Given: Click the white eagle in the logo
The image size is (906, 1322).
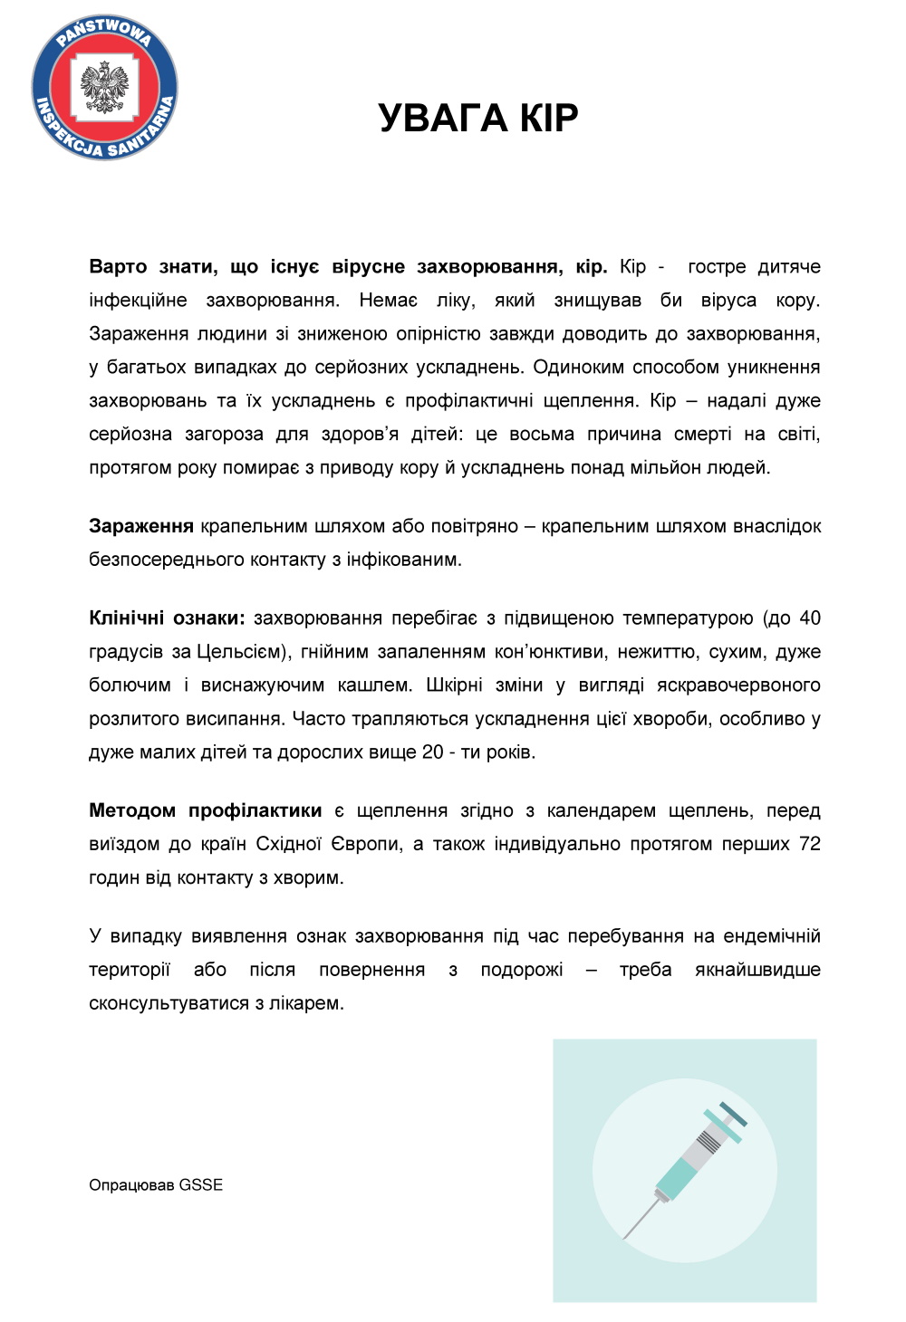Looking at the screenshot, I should coord(105,87).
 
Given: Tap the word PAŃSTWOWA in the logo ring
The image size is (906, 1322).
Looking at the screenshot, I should coord(103,30).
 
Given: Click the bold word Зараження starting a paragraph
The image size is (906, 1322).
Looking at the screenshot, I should coord(141,526).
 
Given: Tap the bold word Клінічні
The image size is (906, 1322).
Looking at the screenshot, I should coord(127,618).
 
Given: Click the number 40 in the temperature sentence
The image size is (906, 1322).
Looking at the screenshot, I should coord(810,618).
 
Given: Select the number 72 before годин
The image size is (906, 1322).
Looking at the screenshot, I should coord(810,844).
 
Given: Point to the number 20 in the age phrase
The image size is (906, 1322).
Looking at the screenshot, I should coord(433,752).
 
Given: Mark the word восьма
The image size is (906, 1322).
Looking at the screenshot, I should coord(542,435).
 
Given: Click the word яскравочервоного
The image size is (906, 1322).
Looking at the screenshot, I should coord(738,685).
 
